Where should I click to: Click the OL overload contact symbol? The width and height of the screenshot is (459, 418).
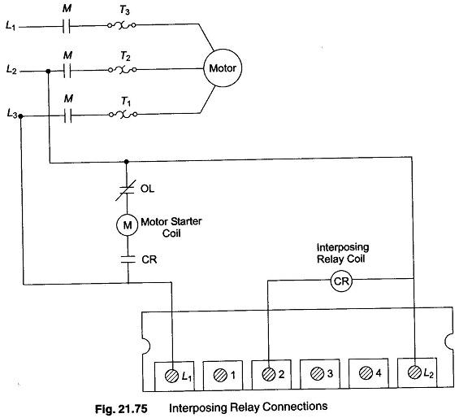coord(126,190)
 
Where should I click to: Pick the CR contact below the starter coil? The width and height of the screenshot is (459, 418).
coord(128,259)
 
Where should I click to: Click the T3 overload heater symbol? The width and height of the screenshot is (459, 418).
coord(122,25)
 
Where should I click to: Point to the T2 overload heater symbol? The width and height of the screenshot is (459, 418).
coord(122,70)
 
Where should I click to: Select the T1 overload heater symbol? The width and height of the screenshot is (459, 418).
coord(123,115)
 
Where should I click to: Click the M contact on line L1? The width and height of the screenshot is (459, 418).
coord(67,27)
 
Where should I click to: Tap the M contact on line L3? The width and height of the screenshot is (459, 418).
coord(67,116)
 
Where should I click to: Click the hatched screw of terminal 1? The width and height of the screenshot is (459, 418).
coord(220,375)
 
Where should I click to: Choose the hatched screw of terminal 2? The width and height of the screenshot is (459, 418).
coord(268,374)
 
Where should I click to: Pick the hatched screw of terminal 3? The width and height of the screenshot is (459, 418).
coord(317,374)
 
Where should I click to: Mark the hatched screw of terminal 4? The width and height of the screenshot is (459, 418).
coord(366,373)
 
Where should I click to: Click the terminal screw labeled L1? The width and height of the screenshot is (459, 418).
coord(172,376)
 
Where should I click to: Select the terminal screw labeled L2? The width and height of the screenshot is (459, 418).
coord(414,372)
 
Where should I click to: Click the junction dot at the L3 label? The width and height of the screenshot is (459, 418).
coord(20,116)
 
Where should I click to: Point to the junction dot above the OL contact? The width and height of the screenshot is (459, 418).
coord(127,162)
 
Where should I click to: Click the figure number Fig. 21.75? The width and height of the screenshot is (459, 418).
coord(121,408)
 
